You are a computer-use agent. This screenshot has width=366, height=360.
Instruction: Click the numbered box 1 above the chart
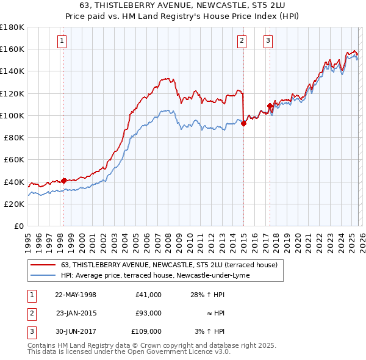pyautogui.click(x=63, y=41)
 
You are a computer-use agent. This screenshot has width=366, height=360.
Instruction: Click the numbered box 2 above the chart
pyautogui.click(x=242, y=41)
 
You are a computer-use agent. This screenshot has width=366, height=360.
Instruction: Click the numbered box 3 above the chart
pyautogui.click(x=268, y=41)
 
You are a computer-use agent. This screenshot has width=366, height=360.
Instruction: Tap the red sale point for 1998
pyautogui.click(x=63, y=180)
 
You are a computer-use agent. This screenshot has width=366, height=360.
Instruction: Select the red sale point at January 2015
pyautogui.click(x=243, y=123)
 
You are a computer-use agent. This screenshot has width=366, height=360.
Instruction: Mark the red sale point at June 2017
pyautogui.click(x=270, y=106)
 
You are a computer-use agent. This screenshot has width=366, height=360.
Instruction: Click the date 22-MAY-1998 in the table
pyautogui.click(x=76, y=295)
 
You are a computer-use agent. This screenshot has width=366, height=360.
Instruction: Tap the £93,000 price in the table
pyautogui.click(x=149, y=313)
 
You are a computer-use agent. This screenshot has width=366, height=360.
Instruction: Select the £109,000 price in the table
pyautogui.click(x=147, y=331)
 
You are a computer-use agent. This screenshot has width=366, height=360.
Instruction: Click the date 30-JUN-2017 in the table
pyautogui.click(x=76, y=331)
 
